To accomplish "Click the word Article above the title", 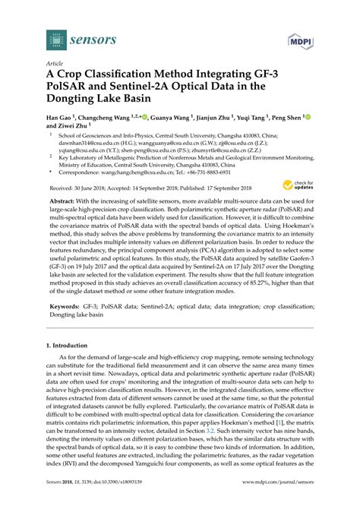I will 55,65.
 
